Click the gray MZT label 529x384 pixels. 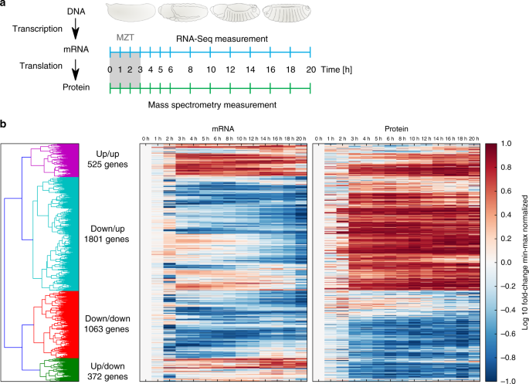125,37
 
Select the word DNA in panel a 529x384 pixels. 76,12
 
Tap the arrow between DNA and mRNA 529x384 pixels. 76,29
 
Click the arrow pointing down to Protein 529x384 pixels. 76,70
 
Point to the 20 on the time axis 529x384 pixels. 310,70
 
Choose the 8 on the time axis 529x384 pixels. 190,70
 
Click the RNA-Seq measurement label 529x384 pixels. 222,39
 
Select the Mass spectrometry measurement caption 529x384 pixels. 212,105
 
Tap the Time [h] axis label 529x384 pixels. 337,70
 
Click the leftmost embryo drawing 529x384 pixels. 131,12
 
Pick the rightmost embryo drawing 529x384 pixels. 287,13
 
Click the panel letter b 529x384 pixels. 3,124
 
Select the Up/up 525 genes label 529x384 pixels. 107,159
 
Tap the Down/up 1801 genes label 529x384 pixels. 107,234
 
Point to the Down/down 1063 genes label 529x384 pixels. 107,324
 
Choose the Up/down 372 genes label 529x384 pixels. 107,371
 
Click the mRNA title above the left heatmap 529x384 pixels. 223,129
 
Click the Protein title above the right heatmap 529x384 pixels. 396,129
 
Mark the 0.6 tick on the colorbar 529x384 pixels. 506,191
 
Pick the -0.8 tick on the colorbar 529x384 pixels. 504,357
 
